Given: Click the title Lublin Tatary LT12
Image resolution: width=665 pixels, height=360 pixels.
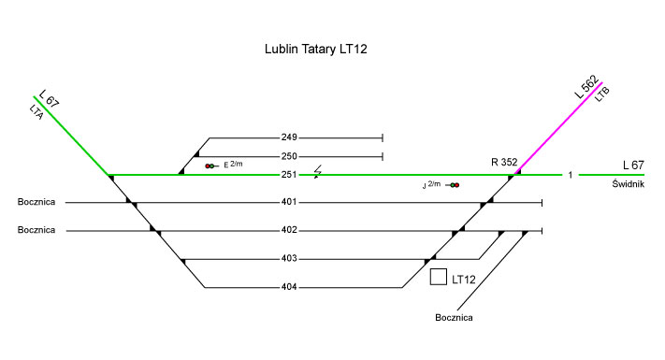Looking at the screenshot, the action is [315, 50].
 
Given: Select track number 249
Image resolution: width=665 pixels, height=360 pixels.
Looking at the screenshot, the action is [289, 137].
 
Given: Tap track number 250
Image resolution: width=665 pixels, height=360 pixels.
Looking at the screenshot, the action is [289, 156].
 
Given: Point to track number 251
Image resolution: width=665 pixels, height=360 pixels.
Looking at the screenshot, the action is [289, 175].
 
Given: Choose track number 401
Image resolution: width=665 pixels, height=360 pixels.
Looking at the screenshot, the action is [289, 202].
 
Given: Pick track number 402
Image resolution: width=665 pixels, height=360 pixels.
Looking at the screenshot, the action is [289, 230].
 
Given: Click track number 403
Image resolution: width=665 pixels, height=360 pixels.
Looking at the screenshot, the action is [289, 259].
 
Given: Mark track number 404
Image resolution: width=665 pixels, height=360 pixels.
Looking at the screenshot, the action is [289, 287].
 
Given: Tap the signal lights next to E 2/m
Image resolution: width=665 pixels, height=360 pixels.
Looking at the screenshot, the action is [210, 166].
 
